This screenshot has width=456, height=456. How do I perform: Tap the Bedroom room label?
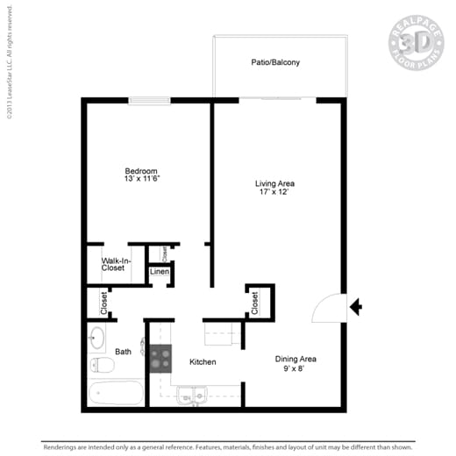(x=140, y=170)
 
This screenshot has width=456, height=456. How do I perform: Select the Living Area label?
(x=274, y=183)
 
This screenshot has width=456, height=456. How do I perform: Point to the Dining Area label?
(x=296, y=359)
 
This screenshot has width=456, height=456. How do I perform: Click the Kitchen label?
(x=202, y=361)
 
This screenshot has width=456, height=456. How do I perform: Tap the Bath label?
(x=123, y=352)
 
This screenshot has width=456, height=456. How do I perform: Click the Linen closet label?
(x=159, y=272)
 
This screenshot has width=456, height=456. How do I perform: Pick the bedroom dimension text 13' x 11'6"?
(x=141, y=179)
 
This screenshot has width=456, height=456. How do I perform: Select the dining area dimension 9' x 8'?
(x=296, y=368)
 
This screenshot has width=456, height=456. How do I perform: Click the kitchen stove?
(x=160, y=360)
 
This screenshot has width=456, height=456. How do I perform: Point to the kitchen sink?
(x=192, y=396)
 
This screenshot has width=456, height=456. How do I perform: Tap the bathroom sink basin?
(x=96, y=338)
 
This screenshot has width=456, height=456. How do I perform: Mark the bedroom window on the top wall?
(x=150, y=101)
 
